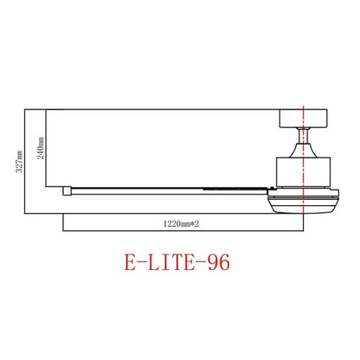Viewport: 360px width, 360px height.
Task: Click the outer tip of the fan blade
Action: (67, 188)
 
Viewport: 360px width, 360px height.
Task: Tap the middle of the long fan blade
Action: (164, 187)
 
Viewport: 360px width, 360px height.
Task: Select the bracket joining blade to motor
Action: (260, 188)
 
